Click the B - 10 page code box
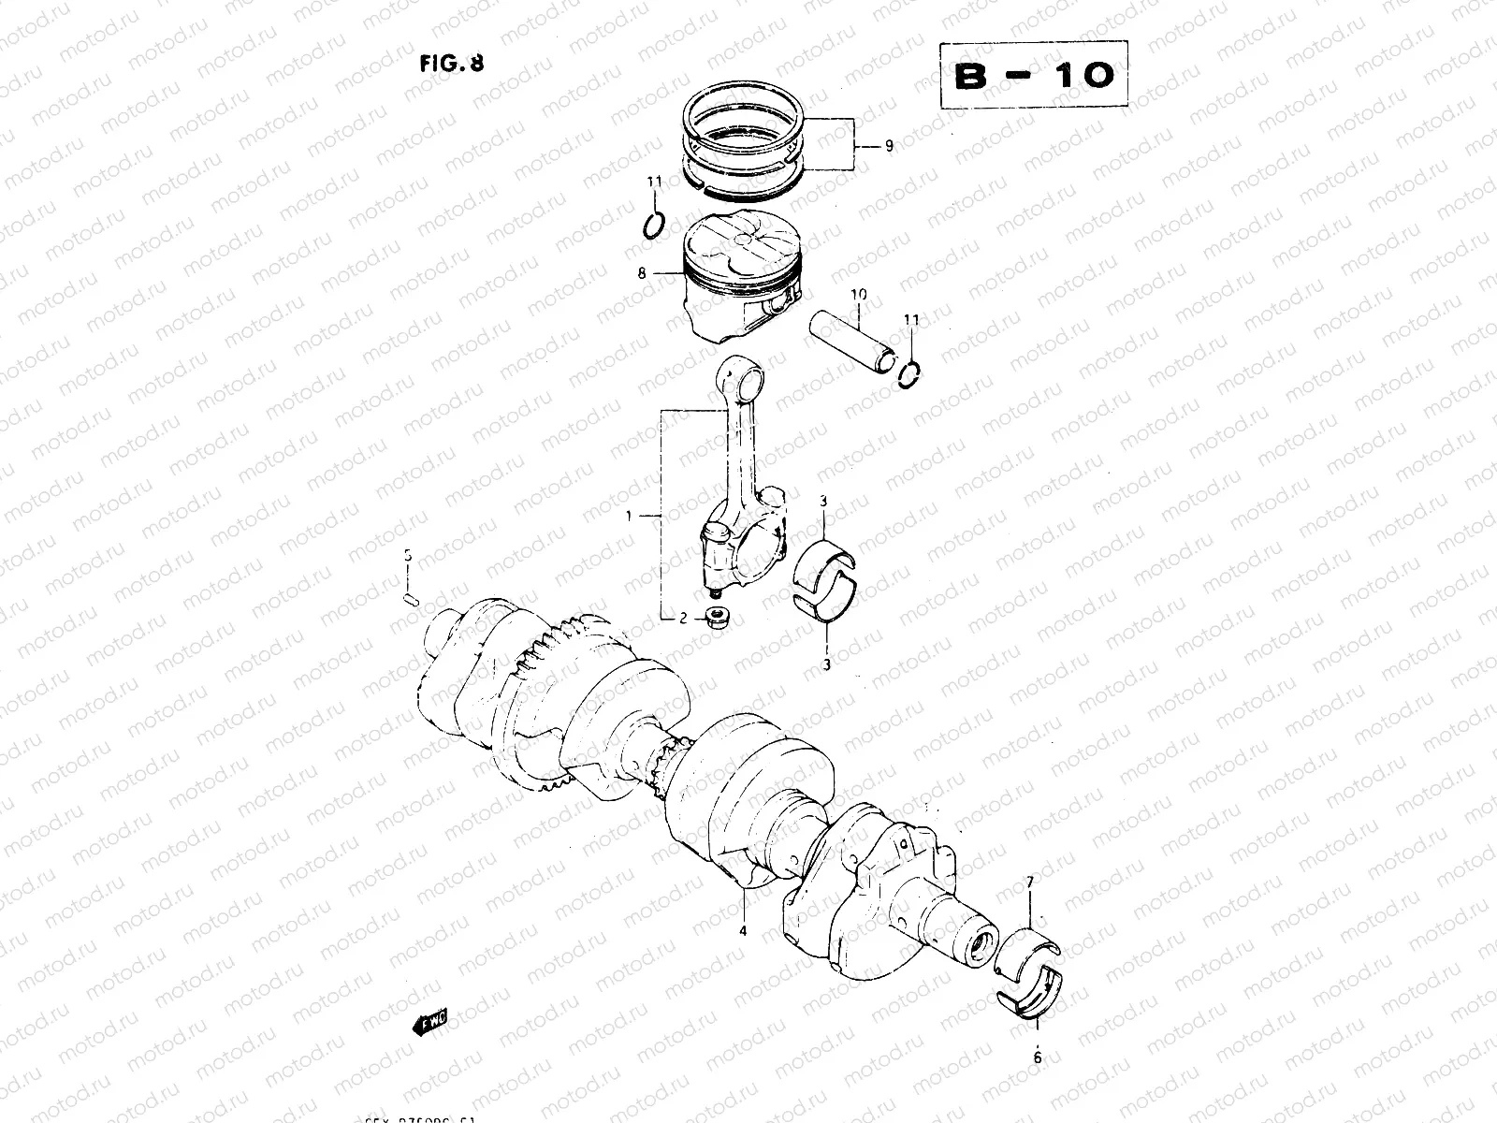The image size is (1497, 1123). [x=1033, y=76]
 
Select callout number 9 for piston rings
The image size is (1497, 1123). [x=888, y=145]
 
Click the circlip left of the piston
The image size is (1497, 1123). [x=654, y=226]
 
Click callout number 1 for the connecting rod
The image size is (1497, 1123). [x=631, y=516]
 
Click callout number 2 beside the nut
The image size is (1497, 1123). [x=683, y=619]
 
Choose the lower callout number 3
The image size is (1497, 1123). [x=826, y=664]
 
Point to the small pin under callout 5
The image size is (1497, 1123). [x=410, y=595]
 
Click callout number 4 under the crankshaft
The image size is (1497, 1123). [x=742, y=930]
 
